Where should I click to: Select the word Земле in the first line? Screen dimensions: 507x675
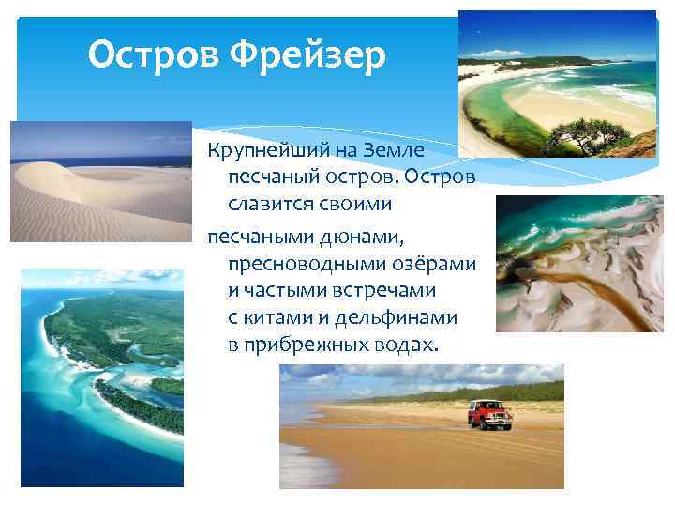(x=398, y=150)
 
